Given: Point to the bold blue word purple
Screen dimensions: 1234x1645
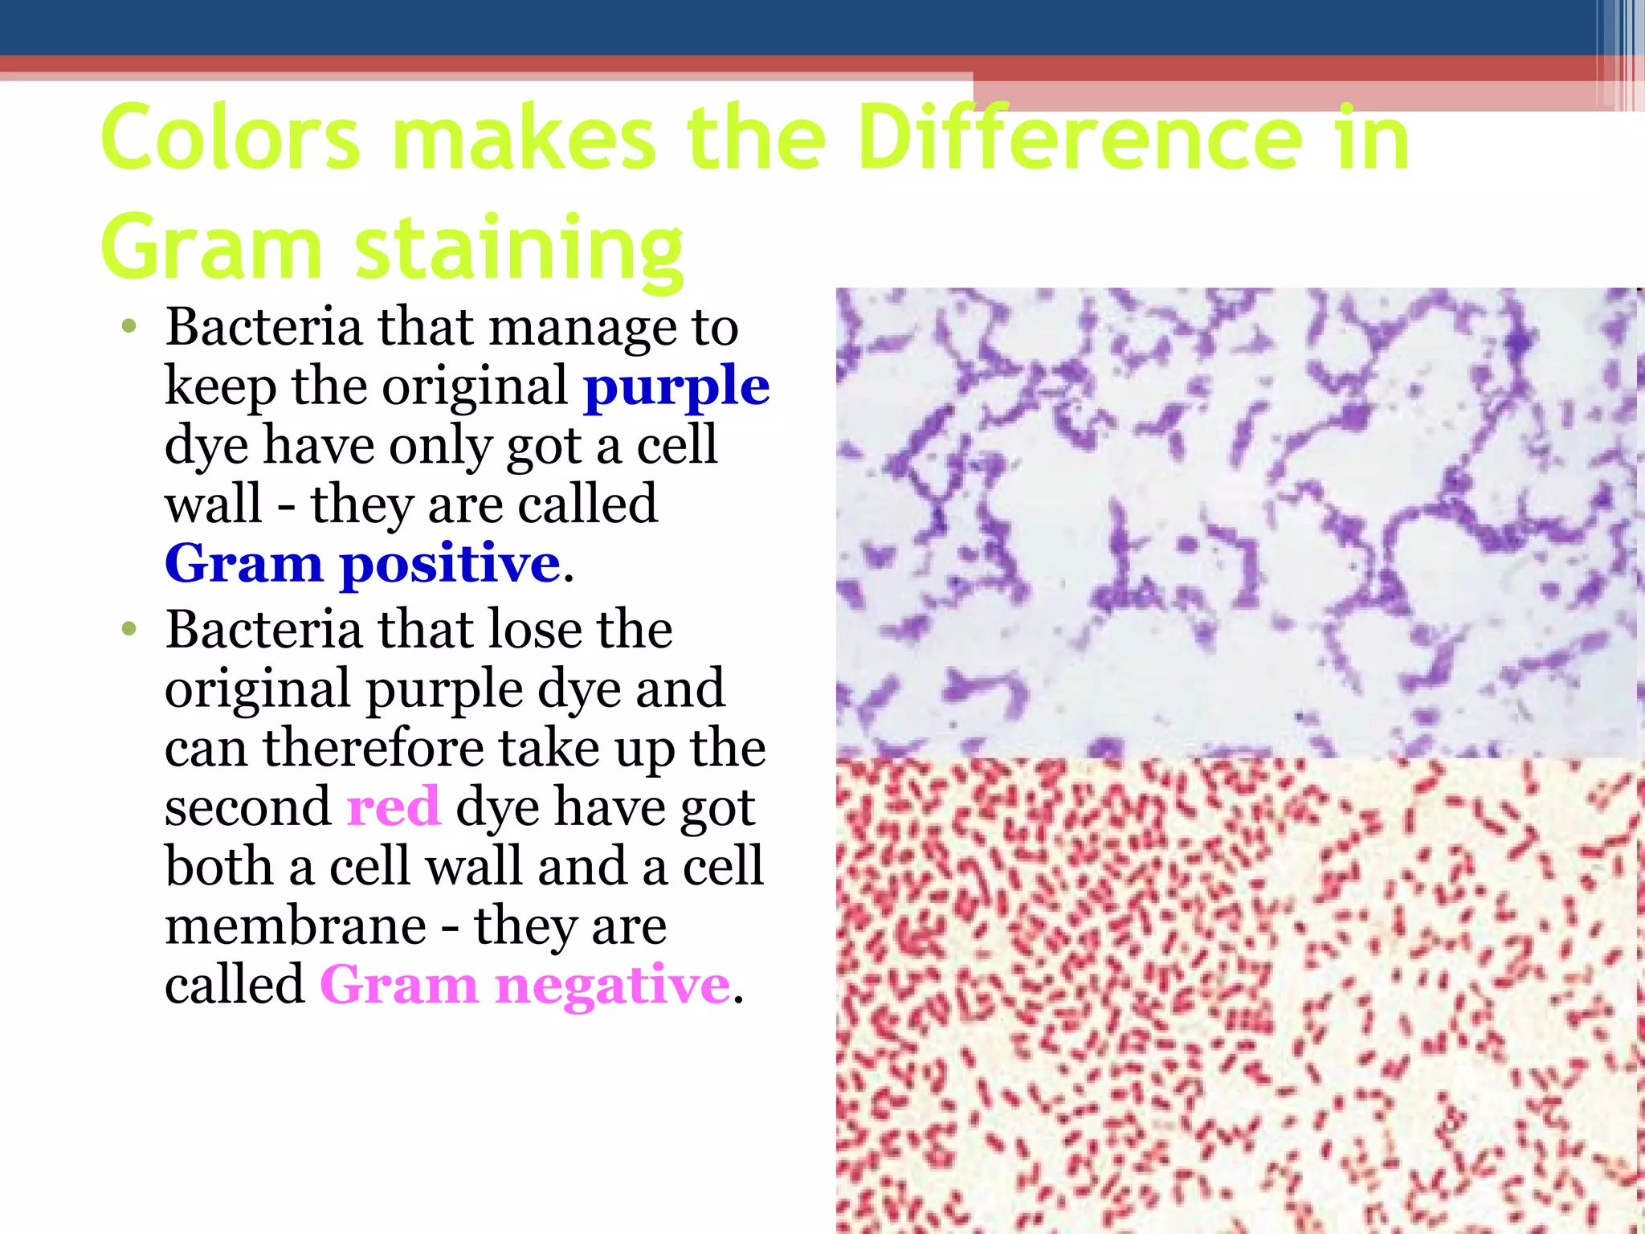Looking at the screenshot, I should (x=676, y=386).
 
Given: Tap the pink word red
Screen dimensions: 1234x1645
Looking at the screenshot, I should (x=394, y=807).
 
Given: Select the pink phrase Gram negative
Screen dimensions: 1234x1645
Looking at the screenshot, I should (x=525, y=985).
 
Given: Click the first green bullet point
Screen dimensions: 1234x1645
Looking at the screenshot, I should (x=129, y=328).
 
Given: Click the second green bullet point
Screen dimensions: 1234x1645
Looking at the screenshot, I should (x=129, y=630).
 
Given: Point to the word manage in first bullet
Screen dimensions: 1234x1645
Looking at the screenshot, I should (x=582, y=328).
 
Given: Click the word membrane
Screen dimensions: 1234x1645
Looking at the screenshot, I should (x=296, y=925).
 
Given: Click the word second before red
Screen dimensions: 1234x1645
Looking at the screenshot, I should (x=247, y=807).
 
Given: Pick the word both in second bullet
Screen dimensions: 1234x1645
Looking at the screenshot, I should (x=218, y=866).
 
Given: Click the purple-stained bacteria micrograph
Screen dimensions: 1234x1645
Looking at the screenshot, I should (x=1237, y=522).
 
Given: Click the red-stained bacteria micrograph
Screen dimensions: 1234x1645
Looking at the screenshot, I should (x=1237, y=996).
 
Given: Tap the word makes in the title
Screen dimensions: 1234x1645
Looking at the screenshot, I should (x=525, y=138).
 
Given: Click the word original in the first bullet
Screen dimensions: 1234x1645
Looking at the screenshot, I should (x=475, y=386).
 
